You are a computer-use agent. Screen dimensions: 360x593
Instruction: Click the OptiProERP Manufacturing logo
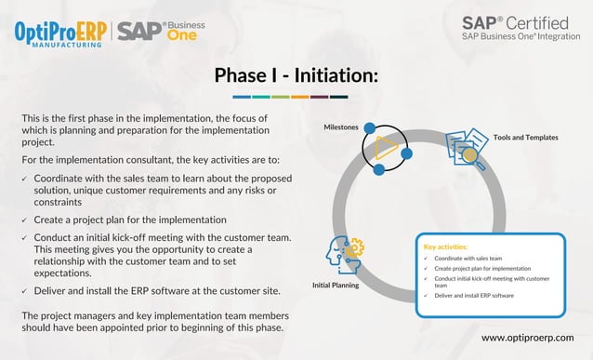(60, 33)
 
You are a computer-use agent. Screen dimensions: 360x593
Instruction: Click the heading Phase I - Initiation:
(296, 75)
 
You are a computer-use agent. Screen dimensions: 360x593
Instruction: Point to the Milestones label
(340, 127)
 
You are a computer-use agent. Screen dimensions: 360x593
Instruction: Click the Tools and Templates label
(525, 138)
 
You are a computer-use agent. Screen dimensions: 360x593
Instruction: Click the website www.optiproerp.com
(527, 337)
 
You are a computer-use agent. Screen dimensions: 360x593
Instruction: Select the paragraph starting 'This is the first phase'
(145, 131)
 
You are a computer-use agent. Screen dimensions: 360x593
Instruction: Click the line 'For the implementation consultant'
(143, 160)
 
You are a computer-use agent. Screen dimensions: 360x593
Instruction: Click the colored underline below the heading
(289, 96)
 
